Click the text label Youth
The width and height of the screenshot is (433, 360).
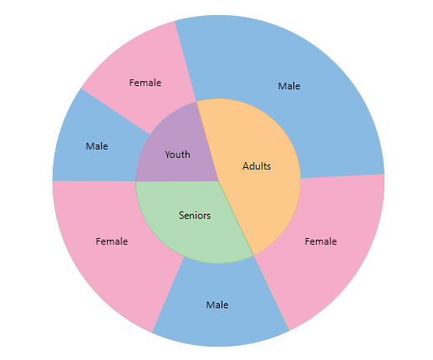click(x=177, y=155)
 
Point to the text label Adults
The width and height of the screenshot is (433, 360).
click(x=257, y=166)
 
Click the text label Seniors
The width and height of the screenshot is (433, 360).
click(x=195, y=215)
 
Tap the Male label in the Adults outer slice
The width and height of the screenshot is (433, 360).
click(x=289, y=86)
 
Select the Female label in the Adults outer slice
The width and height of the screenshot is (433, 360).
click(x=321, y=241)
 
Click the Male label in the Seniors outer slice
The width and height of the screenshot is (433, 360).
click(x=217, y=305)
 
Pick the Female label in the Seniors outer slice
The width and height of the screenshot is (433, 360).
click(x=112, y=241)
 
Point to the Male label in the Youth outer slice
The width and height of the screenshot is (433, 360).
click(x=97, y=146)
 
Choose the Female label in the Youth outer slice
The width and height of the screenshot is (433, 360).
click(x=145, y=83)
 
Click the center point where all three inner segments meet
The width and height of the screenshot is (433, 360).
click(x=218, y=181)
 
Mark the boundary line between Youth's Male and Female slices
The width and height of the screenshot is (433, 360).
click(x=115, y=111)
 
